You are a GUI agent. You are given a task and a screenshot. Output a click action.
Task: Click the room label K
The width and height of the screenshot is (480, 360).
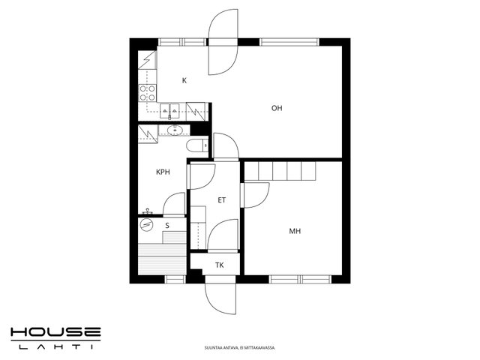[184, 80]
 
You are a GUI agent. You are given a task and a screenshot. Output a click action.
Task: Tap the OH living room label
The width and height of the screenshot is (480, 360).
[277, 108]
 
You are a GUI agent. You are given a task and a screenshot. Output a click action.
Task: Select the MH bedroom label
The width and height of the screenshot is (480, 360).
[295, 231]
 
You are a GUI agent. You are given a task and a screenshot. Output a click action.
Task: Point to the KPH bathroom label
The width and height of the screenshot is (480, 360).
[163, 172]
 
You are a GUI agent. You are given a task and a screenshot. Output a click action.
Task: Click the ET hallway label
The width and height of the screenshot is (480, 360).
[222, 200]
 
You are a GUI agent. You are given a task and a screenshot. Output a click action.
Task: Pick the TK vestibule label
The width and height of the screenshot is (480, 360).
[219, 265]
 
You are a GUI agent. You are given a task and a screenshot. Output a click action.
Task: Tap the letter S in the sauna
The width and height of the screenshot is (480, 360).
[167, 226]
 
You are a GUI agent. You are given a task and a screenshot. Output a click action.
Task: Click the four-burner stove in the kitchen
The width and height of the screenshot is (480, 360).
[147, 93]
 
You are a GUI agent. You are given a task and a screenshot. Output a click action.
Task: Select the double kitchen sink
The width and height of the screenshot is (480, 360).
[169, 110]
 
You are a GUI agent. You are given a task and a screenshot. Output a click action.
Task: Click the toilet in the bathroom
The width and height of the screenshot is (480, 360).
[197, 145]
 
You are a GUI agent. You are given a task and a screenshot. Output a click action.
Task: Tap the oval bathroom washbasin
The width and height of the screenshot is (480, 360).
[175, 130]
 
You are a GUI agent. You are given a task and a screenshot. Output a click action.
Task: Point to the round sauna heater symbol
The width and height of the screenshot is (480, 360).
[146, 225]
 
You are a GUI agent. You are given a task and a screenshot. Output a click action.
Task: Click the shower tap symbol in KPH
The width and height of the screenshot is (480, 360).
[148, 211]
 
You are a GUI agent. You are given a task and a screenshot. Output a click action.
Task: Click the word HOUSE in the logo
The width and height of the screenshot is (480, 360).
[55, 333]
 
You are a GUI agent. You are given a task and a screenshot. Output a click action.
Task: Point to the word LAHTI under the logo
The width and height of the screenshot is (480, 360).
[55, 346]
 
